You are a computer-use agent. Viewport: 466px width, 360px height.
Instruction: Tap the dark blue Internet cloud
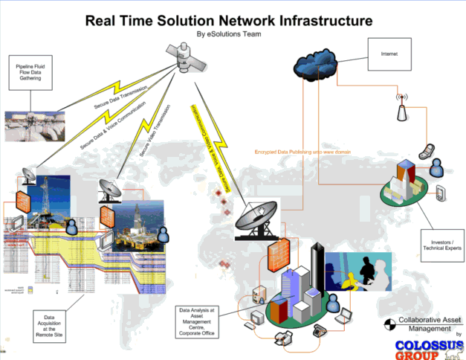pos(320,62)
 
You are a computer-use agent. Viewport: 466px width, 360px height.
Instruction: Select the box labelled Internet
pos(389,54)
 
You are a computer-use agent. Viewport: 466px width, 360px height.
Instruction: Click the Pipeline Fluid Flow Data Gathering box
pos(30,71)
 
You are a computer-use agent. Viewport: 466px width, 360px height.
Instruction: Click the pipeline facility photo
pos(36,125)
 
